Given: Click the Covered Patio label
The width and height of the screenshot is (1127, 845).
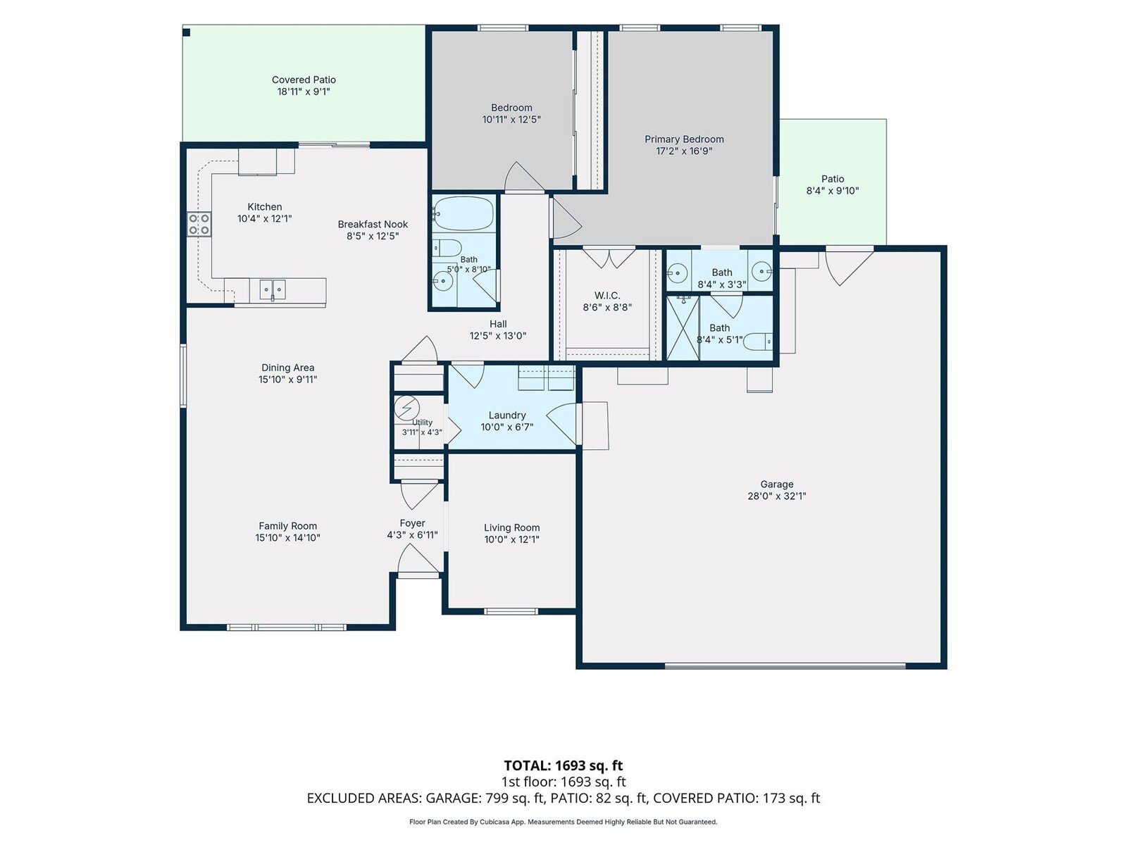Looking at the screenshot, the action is pos(304,80).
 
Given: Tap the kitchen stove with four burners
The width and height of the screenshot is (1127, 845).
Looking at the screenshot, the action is pos(199,224).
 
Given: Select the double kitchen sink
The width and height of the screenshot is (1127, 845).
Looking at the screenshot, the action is pos(272,289).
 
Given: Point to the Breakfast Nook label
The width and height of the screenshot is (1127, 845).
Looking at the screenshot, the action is pos(372,224).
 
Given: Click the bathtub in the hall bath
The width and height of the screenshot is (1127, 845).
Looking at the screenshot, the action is pos(463,213).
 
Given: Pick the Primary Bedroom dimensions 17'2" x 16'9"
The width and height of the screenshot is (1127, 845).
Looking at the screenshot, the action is pos(684,151).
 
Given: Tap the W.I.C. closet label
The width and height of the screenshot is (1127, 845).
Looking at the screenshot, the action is pos(607,296).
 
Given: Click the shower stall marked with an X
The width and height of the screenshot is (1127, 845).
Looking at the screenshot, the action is pos(683,328).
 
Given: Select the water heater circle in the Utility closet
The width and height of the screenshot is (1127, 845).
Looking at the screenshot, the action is pos(406,408).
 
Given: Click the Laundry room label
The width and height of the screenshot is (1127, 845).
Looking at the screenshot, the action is pos(506,415).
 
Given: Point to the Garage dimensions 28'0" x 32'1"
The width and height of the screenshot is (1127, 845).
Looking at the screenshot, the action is pos(776,496).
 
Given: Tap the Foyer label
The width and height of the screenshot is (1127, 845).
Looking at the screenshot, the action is pos(412,522).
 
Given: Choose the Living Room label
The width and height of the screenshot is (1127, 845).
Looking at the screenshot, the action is pos(511,527).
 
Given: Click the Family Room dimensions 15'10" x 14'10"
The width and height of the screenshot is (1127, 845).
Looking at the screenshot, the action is pos(287,538).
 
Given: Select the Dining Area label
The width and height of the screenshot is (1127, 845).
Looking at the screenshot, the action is pos(287,368).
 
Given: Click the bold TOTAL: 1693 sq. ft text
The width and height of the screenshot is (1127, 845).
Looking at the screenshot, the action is pos(563,765).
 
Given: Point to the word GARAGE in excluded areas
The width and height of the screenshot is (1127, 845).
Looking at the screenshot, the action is pos(454,799).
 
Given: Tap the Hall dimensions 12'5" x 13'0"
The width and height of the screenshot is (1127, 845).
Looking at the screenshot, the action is pos(497,336).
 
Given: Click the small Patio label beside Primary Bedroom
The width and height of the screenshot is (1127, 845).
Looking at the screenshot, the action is pos(833,179).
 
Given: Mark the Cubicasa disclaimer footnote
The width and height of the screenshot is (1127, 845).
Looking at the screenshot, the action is pos(563,822).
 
